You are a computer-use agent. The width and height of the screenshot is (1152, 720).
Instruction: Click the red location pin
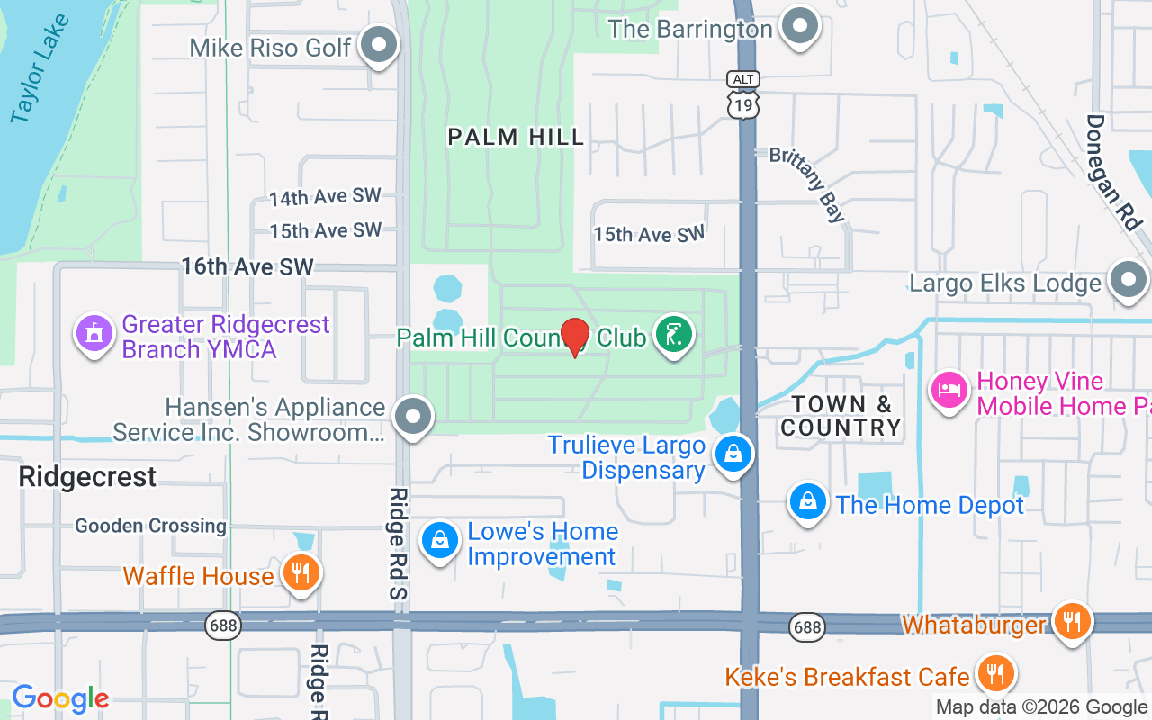[575, 336]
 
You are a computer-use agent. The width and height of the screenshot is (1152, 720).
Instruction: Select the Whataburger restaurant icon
[1071, 622]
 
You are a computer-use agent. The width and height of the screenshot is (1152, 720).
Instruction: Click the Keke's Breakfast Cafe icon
[994, 673]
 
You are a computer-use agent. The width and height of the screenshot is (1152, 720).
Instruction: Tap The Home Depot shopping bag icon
[808, 502]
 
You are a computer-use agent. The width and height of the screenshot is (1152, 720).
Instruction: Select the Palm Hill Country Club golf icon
[673, 335]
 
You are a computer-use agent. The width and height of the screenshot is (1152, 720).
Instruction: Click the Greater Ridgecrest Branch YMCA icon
[94, 335]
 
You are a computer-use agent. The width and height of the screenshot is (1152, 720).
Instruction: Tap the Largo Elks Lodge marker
[1128, 281]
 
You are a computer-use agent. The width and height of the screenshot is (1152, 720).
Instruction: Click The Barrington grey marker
[798, 27]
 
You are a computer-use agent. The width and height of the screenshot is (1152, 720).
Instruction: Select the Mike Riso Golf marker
[379, 45]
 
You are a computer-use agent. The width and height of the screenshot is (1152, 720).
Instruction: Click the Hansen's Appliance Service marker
[414, 417]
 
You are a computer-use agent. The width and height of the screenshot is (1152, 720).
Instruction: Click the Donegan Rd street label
[1111, 171]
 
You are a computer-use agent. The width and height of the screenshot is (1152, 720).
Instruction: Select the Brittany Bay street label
[808, 184]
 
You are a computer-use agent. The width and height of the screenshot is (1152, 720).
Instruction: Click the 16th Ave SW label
[247, 266]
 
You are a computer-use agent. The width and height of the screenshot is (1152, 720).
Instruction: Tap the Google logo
[60, 698]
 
